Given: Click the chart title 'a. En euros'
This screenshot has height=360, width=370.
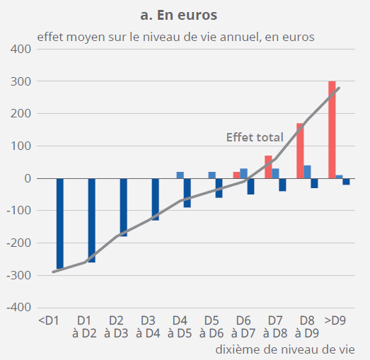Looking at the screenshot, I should tap(185, 13).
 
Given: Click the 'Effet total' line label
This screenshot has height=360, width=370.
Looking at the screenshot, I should tap(255, 137).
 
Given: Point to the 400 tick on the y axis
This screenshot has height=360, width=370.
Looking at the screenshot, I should tap(20, 50).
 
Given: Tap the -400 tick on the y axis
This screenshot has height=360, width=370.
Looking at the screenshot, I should tap(18, 308).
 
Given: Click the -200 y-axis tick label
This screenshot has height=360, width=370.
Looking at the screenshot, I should tap(18, 243).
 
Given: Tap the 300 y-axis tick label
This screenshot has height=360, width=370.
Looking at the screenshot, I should tap(20, 82).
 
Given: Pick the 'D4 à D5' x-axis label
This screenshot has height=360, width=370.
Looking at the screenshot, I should tap(180, 327).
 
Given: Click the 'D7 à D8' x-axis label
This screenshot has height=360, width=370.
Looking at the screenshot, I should tap(274, 327).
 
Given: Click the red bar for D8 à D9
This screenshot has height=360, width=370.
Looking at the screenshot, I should tap(300, 151).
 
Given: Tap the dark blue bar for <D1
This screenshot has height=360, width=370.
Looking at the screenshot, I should tap(60, 223).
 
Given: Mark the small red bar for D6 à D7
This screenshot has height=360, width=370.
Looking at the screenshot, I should tap(236, 175).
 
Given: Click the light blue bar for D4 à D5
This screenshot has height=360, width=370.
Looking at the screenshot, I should tap(180, 175).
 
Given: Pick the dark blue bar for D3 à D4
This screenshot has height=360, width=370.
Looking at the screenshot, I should tap(155, 199).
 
